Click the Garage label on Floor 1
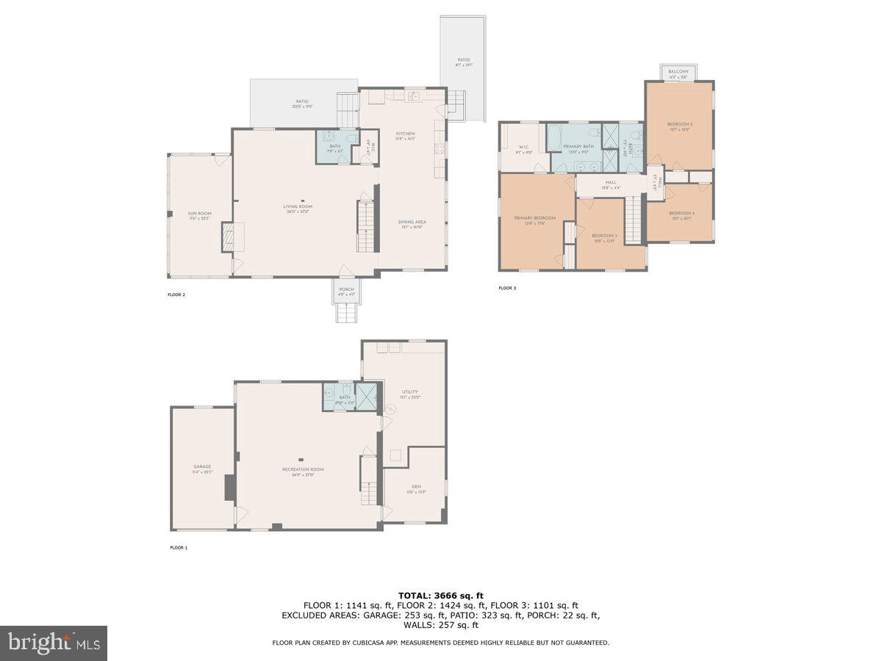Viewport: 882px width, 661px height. pyautogui.click(x=202, y=469)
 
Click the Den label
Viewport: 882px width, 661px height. pyautogui.click(x=416, y=488)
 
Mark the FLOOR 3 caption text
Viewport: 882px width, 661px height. pyautogui.click(x=507, y=288)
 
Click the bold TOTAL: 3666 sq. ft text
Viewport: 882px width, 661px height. pyautogui.click(x=441, y=595)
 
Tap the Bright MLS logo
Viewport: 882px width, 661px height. pyautogui.click(x=54, y=643)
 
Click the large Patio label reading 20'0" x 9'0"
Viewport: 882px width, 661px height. pyautogui.click(x=302, y=104)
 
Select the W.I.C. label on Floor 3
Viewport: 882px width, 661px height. pyautogui.click(x=523, y=148)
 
